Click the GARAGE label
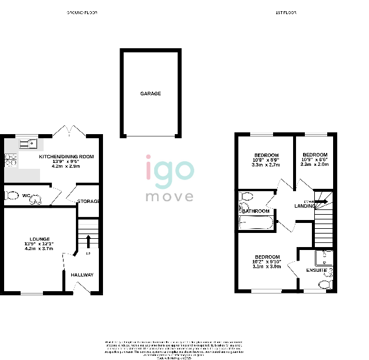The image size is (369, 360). click(150, 94)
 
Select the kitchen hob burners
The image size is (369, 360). click(10, 161)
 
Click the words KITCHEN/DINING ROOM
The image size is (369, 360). click(67, 156)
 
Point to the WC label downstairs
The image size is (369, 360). click(26, 195)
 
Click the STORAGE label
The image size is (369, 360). click(88, 202)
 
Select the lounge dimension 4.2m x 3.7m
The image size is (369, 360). click(39, 249)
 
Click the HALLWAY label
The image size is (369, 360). click(82, 275)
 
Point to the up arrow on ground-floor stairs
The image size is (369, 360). click(88, 241)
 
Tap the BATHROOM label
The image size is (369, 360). click(256, 211)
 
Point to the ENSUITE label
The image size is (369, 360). click(316, 270)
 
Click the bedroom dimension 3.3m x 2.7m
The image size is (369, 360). click(265, 165)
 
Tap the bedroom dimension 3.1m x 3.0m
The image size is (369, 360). click(267, 266)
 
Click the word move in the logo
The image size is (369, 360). click(169, 196)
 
